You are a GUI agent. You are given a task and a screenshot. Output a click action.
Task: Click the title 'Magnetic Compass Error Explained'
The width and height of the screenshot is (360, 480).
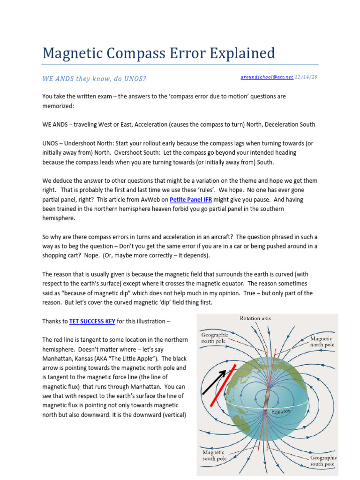pos(158,53)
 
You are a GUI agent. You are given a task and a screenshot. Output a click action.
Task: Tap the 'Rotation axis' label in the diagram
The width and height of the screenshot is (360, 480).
pos(255,319)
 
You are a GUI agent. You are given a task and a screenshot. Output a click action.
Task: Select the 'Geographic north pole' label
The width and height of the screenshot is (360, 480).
pos(215,338)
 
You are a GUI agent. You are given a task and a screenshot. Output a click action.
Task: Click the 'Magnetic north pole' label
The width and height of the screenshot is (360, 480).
pos(322,341)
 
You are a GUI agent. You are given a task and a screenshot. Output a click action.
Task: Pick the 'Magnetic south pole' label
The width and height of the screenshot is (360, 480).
pos(214,456)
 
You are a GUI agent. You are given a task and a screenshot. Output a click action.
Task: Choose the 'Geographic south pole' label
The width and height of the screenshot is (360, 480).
pos(323,460)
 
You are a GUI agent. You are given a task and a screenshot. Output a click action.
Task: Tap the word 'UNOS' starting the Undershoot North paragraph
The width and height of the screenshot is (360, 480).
pos(51,143)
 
